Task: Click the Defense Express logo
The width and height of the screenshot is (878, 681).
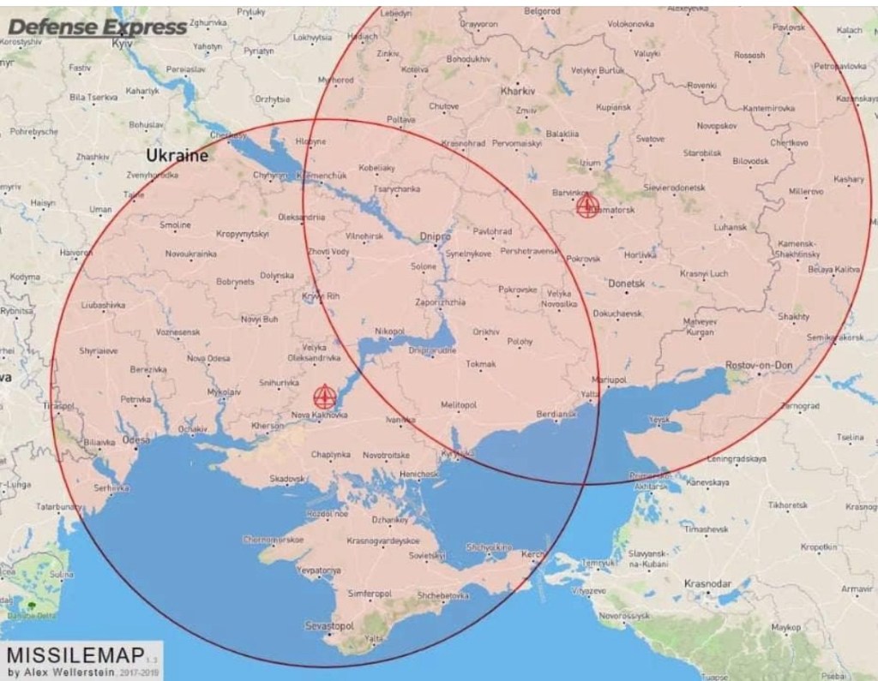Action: click(x=97, y=27)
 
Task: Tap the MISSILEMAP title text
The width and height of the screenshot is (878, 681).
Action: click(x=75, y=655)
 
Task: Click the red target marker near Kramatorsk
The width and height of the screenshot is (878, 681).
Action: click(x=587, y=206)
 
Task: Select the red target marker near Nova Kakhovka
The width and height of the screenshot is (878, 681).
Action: click(x=324, y=397)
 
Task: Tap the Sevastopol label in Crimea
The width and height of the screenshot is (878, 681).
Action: click(x=329, y=626)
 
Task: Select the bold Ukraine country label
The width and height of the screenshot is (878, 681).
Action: click(x=177, y=156)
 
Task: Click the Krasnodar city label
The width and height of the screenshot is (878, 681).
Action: click(x=708, y=583)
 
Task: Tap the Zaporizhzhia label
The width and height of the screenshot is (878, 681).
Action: click(x=440, y=302)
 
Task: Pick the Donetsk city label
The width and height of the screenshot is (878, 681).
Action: click(x=625, y=283)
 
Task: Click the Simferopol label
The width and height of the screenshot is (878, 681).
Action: click(x=370, y=593)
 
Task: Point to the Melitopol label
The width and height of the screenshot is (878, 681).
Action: click(x=458, y=404)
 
